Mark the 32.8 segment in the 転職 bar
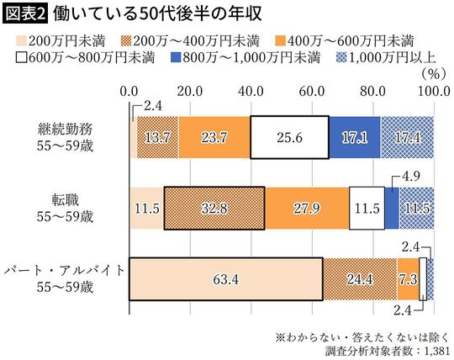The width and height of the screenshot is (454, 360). point(214,207)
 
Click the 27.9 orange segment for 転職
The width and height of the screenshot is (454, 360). point(306,207)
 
